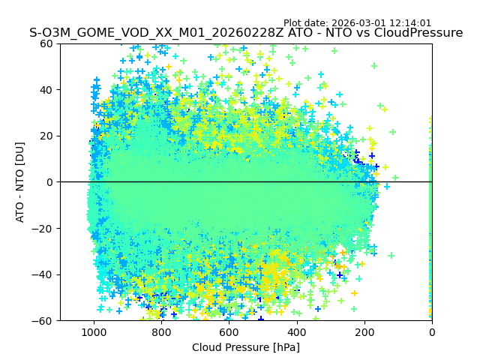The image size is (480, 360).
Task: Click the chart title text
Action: point(246,33)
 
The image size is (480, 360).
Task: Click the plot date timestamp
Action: point(357,23)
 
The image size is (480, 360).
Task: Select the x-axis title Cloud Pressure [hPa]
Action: point(246,347)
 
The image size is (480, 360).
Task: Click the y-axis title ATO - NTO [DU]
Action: point(20,181)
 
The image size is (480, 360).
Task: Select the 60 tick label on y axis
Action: point(46,43)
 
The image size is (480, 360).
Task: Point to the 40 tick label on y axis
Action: point(46,90)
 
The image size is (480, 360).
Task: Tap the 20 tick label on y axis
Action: point(46,136)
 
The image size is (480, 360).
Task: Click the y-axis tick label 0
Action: point(49,182)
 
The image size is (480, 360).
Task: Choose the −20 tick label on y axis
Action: point(43,229)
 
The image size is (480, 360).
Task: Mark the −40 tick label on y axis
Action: point(43,274)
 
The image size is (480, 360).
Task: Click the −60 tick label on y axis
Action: point(43,321)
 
